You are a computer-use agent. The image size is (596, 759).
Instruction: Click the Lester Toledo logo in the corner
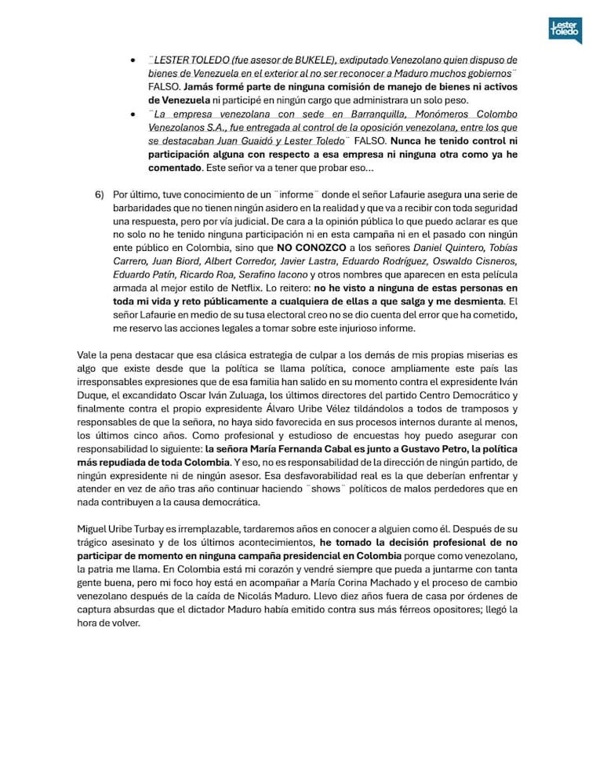[565, 31]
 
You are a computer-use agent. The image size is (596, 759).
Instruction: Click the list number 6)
[100, 194]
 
